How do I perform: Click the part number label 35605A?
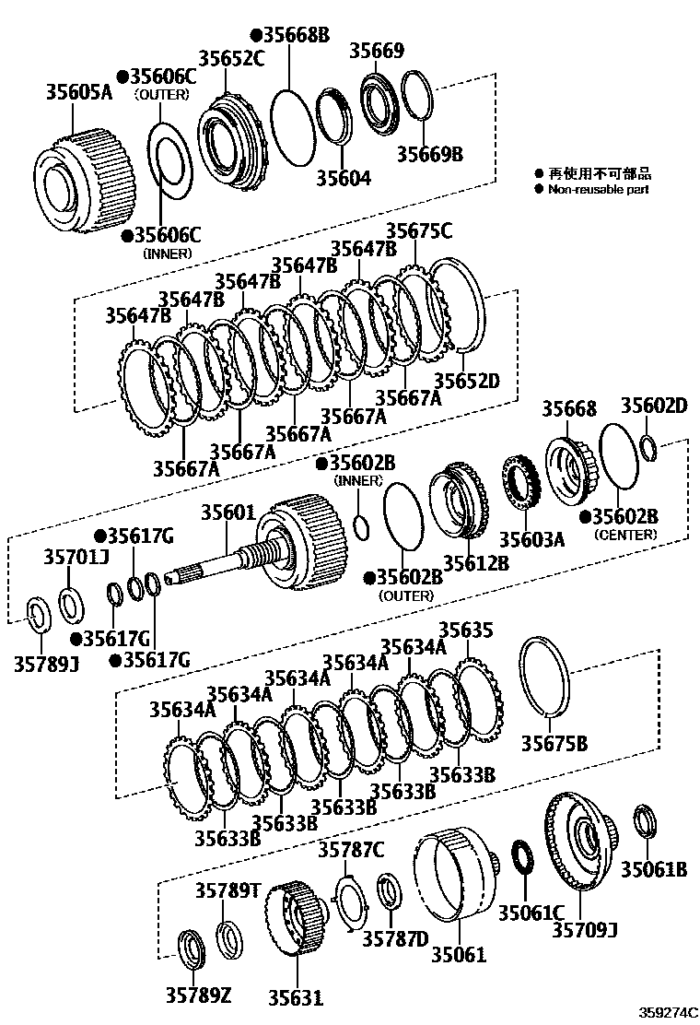coord(80,92)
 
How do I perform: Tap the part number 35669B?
coord(430,153)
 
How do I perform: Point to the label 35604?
coord(344,177)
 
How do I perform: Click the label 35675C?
coord(419,231)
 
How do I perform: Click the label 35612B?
coord(475,563)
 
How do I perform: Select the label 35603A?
coord(531,538)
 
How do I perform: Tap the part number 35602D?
coord(653,406)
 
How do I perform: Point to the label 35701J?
coord(76,557)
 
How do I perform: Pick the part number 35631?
coord(297,997)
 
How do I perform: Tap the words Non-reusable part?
coord(598,189)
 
